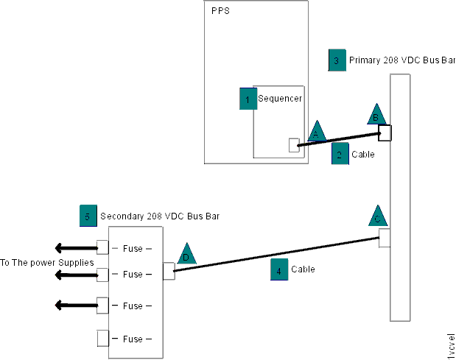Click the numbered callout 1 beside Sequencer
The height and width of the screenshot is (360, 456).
[x=248, y=98]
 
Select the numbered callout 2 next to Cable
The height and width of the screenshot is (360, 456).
[x=340, y=154]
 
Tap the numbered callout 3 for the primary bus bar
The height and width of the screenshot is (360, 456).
[x=337, y=60]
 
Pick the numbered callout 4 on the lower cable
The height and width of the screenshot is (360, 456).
[x=278, y=269]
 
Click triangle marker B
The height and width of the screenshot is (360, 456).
[x=376, y=115]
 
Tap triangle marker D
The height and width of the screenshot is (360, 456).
[x=186, y=253]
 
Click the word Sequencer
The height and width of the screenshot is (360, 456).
[x=280, y=98]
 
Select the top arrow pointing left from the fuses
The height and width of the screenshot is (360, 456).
[x=74, y=247]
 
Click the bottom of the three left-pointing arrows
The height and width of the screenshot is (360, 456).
[x=74, y=305]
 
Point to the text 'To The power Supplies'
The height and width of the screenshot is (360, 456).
[x=46, y=262]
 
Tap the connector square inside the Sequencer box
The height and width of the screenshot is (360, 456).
[x=294, y=145]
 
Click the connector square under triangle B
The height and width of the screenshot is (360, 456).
[x=385, y=133]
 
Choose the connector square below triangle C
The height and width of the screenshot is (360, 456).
[x=385, y=238]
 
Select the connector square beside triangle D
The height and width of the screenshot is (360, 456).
[x=169, y=272]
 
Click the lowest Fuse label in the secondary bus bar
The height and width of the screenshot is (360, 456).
[x=133, y=339]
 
